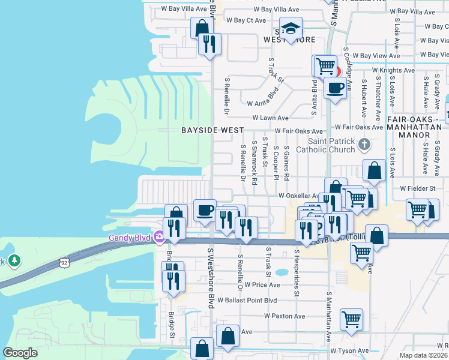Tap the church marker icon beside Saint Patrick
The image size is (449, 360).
coord(364,145)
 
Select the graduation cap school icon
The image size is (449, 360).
coord(291,29)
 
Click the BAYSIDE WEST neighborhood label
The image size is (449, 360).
coord(212,130)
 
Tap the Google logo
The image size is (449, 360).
coord(20,353)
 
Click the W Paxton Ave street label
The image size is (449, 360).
coord(285,316)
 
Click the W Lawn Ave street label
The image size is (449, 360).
coord(271,118)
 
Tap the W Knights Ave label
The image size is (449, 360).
coord(393,70)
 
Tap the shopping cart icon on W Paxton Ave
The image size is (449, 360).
coord(351,319)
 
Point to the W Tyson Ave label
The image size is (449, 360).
coord(349,350)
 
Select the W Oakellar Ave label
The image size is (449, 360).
coord(298,196)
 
